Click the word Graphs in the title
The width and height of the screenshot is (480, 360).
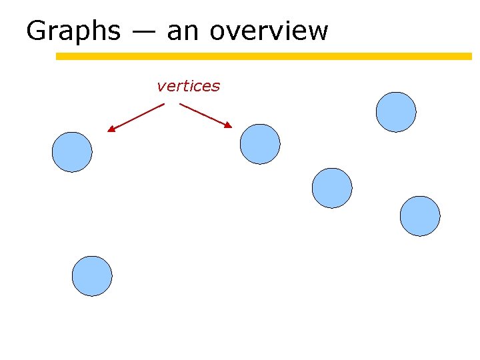click(73, 31)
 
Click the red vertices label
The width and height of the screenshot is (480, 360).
click(188, 86)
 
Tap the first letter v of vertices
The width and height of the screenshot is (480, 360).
click(161, 87)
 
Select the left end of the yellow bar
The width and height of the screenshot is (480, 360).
click(58, 57)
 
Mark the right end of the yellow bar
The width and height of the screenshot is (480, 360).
click(469, 57)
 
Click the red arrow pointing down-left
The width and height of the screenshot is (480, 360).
click(136, 117)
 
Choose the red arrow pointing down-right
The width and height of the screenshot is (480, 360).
click(205, 115)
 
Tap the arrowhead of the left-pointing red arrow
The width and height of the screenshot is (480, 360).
click(111, 130)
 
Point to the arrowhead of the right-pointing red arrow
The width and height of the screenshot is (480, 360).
click(229, 125)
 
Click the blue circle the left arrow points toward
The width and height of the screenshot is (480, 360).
click(72, 152)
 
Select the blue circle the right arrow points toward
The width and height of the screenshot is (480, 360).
click(260, 144)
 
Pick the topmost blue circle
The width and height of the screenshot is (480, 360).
click(396, 112)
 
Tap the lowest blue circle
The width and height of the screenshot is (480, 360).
click(92, 276)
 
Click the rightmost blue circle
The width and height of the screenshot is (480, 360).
click(420, 216)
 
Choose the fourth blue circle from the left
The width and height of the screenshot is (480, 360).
click(332, 188)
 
